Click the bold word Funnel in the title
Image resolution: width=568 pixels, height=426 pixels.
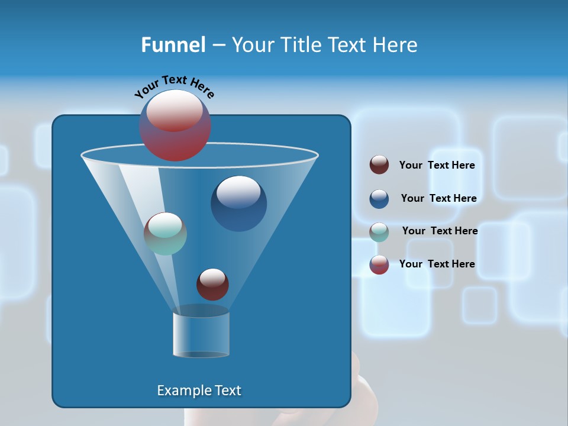pos(173,45)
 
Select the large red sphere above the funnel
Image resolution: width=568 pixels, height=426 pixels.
pos(175,126)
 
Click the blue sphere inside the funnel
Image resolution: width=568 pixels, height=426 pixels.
pos(238,204)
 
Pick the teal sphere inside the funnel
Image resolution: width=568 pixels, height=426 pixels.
pos(165,233)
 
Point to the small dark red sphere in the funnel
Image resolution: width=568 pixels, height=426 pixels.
pos(212,284)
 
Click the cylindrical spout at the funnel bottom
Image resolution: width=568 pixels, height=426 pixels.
pos(201,334)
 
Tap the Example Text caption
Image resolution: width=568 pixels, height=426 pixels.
pos(199,390)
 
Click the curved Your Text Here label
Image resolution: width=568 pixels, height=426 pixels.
pos(174,86)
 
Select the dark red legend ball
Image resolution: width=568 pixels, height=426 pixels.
pos(379,165)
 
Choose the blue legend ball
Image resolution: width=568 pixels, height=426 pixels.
pos(379,198)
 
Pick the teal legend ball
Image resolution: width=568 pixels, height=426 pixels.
pos(379,231)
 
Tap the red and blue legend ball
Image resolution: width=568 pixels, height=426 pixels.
pos(379,264)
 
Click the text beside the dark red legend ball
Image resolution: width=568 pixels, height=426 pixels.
pos(437,165)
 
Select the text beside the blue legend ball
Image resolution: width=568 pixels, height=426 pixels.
pos(438,198)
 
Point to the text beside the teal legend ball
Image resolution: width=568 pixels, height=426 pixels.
pos(440,231)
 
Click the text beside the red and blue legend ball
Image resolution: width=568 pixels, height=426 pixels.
pos(437,264)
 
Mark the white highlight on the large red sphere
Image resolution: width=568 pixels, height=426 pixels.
pos(175,109)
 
